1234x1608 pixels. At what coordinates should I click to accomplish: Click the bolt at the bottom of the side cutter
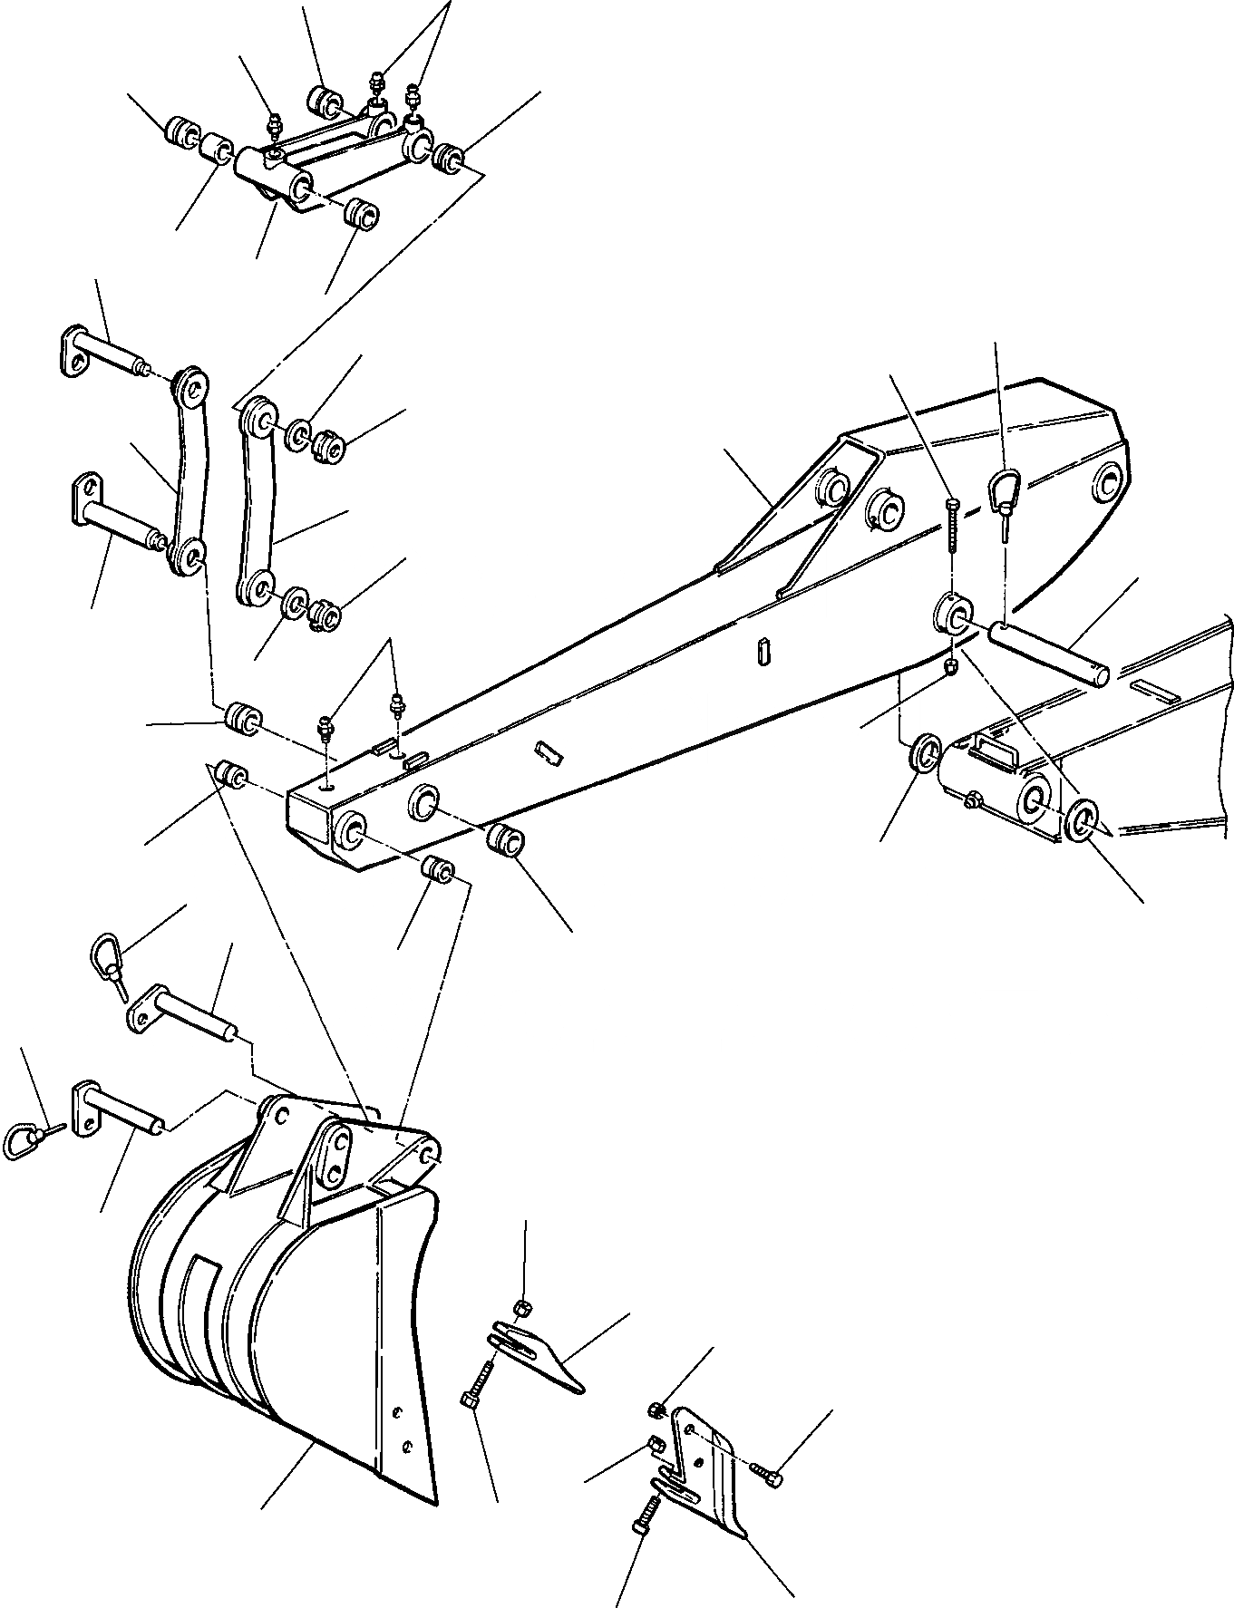(x=643, y=1513)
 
